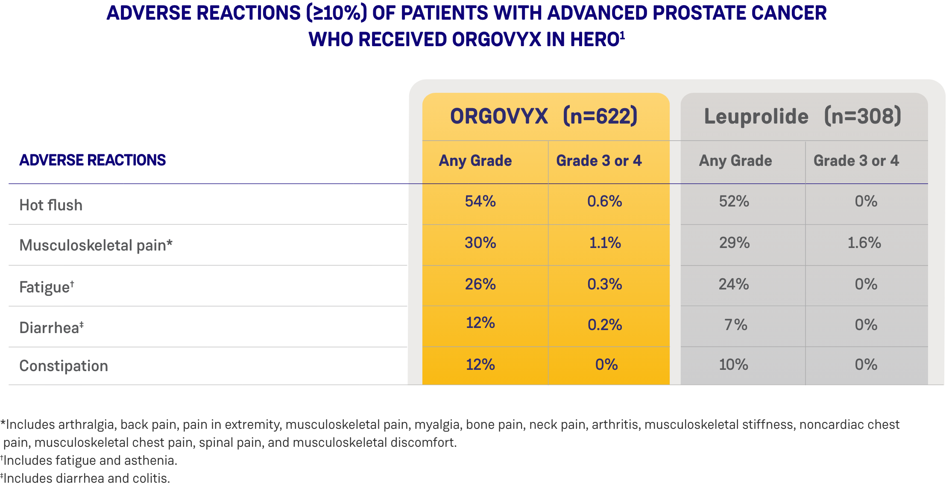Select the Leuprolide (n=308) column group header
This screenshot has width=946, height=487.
pos(802,116)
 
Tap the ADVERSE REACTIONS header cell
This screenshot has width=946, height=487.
pos(92,160)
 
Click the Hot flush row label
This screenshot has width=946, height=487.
pos(51,205)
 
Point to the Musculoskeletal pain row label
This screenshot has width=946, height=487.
pos(96,245)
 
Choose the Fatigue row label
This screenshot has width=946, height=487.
pos(47,287)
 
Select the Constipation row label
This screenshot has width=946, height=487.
pos(64,366)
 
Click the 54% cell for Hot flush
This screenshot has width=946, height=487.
pos(480,201)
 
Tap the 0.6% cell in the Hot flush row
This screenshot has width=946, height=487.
pos(604,201)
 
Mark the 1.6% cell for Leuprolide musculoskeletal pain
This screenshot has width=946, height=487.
pos(864,243)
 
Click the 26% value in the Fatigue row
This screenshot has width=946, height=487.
pos(480,284)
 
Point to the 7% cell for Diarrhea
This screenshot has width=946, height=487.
pos(735,325)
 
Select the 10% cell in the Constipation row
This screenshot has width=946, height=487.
pos(733,365)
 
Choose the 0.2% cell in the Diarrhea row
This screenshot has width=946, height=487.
pos(604,325)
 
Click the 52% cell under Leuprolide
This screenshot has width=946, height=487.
pos(734,201)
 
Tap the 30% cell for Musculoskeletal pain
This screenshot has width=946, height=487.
pos(480,243)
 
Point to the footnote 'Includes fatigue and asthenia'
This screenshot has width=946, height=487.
pos(90,460)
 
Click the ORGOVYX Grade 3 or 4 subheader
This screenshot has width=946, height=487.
pos(599,161)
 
